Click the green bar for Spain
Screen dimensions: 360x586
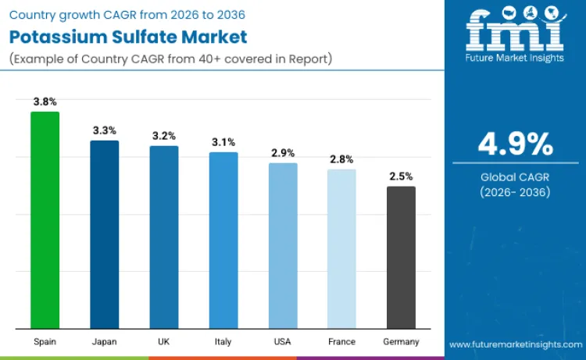(x=45, y=220)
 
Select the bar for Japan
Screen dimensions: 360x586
(x=105, y=234)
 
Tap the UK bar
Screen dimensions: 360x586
(x=164, y=237)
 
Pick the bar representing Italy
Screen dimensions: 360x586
(x=223, y=240)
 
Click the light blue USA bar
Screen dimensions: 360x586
(x=283, y=245)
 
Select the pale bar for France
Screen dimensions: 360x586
(x=341, y=248)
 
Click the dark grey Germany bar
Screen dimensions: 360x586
(x=401, y=257)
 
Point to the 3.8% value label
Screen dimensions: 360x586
(x=45, y=102)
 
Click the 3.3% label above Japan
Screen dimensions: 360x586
(x=105, y=130)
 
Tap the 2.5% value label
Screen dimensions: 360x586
(x=401, y=176)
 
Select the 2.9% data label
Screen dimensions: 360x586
(x=283, y=153)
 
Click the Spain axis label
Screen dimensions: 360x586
(x=45, y=342)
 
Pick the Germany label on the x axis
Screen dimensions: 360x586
(x=401, y=342)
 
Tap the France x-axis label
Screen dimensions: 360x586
(x=341, y=342)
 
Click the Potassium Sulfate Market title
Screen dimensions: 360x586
(x=128, y=37)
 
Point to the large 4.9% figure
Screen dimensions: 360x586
(x=515, y=144)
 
